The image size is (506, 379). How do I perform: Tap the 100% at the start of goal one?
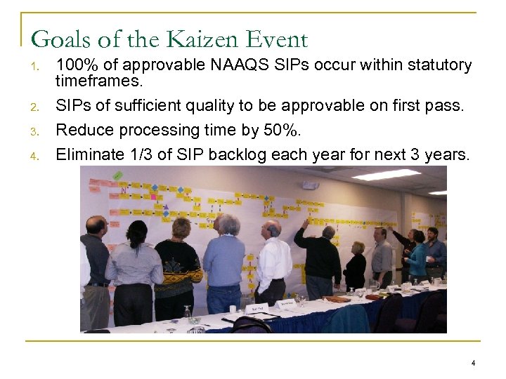pyautogui.click(x=74, y=65)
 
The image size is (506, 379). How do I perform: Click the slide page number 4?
pyautogui.click(x=473, y=363)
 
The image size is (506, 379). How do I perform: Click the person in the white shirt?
pyautogui.click(x=274, y=260)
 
